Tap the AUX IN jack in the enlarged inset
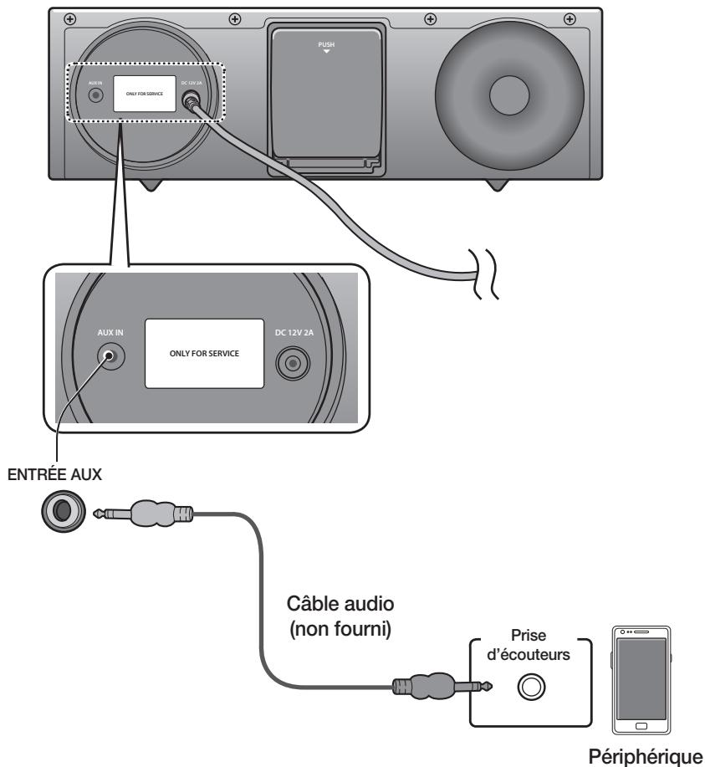click(109, 357)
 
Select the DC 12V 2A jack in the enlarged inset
click(292, 364)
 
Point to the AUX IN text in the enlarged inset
click(108, 331)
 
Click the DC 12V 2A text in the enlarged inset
click(292, 331)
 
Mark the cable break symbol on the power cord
click(485, 275)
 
